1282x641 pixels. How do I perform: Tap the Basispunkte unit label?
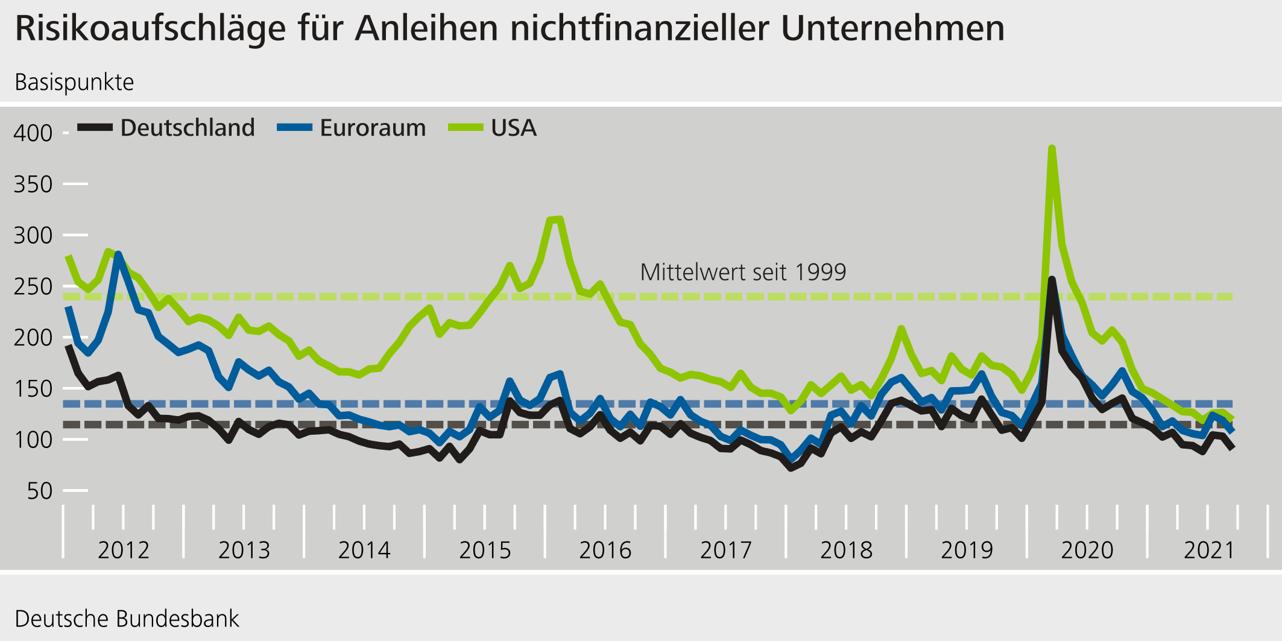[x=74, y=83]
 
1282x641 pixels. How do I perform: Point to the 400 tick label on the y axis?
[x=33, y=133]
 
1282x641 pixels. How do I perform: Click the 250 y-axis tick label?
[x=33, y=286]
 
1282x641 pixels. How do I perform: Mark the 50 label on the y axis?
[x=40, y=491]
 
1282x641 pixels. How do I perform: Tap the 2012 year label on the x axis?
[x=123, y=550]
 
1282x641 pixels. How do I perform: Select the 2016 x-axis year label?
[x=605, y=550]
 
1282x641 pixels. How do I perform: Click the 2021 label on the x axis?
[x=1210, y=550]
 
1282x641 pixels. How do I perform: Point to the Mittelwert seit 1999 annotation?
[x=743, y=273]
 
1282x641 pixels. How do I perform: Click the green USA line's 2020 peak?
[x=1052, y=148]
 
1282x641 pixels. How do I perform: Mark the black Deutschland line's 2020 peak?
[x=1052, y=279]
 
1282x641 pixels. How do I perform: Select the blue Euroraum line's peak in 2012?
[x=118, y=254]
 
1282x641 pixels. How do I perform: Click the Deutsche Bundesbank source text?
[x=127, y=619]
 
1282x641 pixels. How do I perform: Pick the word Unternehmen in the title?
[x=892, y=29]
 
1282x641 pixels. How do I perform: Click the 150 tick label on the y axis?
[x=33, y=389]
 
